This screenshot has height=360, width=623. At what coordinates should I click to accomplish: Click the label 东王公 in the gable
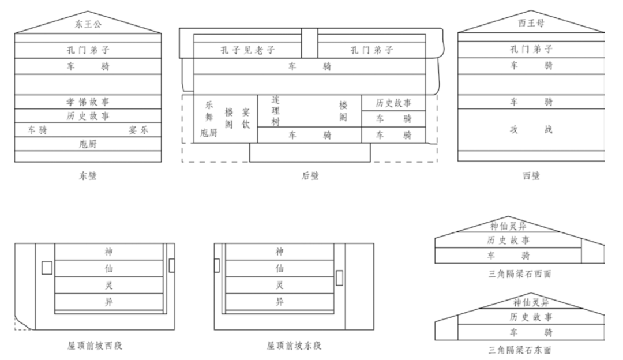(88, 24)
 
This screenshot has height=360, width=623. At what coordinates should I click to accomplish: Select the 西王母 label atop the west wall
(531, 24)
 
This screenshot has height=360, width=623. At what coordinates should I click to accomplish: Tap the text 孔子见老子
(248, 50)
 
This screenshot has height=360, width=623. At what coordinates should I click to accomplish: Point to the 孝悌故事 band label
(88, 101)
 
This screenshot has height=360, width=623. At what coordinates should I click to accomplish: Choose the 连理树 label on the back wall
(275, 110)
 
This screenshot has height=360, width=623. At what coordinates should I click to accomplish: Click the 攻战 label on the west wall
(531, 130)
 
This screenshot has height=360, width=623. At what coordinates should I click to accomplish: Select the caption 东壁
(88, 176)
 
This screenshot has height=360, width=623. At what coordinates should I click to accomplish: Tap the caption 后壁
(310, 176)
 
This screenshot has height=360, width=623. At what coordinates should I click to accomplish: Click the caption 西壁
(531, 176)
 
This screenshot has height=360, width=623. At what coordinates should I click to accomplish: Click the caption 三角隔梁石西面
(519, 274)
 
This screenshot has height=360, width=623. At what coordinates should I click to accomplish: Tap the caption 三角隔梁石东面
(519, 350)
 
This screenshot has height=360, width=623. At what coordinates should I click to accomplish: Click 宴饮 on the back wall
(246, 119)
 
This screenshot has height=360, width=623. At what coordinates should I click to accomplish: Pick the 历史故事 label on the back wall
(393, 103)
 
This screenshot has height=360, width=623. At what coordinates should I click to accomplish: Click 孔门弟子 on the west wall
(531, 50)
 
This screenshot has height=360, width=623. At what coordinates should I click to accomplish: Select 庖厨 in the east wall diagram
(88, 144)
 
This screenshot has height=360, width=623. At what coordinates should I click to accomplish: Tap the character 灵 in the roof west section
(108, 285)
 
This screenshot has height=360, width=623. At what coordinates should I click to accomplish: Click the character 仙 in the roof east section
(280, 268)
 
